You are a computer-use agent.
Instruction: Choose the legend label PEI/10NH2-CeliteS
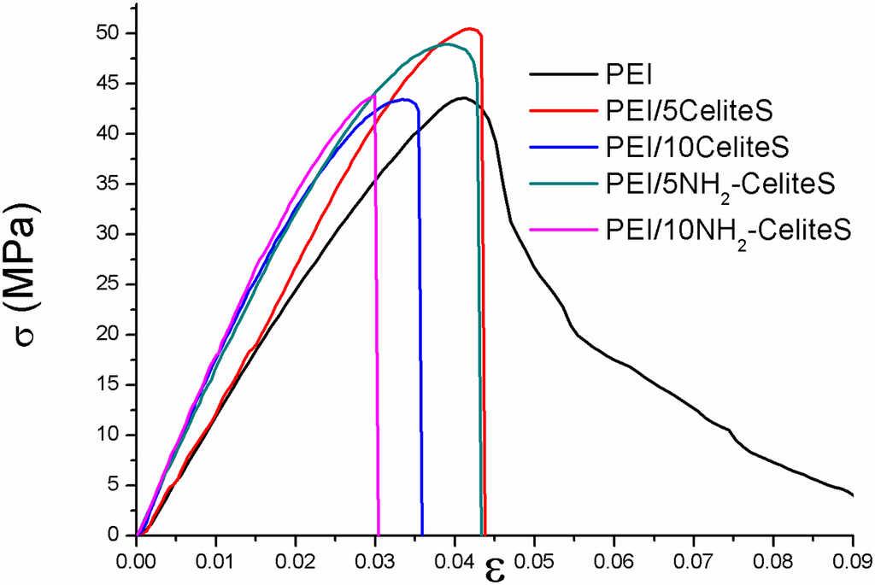coord(729,230)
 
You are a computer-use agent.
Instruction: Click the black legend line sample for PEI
coord(562,74)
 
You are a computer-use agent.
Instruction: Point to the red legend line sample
coord(562,110)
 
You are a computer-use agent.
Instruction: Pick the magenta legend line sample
coord(562,230)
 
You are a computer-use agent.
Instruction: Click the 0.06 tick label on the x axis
coord(614,563)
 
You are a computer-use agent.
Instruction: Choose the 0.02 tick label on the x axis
coord(296,563)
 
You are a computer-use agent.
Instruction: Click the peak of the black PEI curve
coord(463,97)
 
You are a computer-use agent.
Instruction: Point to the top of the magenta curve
coord(374,95)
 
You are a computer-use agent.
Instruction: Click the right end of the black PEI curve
coord(853,495)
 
